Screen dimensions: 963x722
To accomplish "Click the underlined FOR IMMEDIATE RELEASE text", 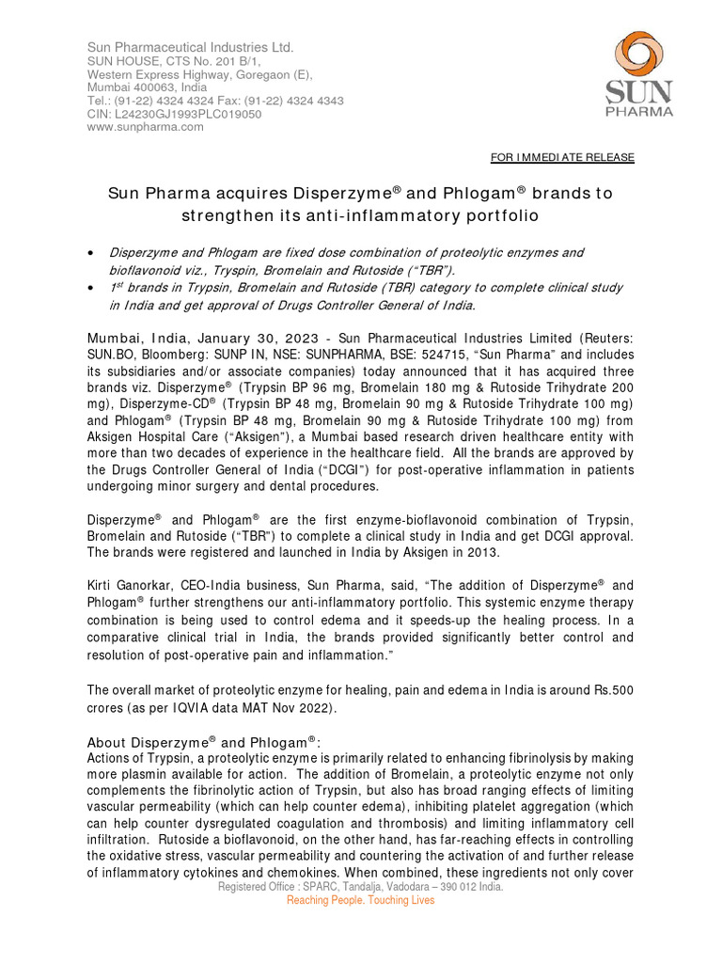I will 563,157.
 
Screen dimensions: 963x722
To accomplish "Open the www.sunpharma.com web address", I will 145,127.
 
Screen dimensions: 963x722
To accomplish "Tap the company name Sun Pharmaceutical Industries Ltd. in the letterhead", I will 191,47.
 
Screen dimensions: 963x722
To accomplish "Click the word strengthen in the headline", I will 236,215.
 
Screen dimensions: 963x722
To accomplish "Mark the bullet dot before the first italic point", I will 90,254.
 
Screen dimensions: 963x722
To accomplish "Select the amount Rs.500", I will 609,690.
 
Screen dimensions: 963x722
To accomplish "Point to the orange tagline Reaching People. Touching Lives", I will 361,901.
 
